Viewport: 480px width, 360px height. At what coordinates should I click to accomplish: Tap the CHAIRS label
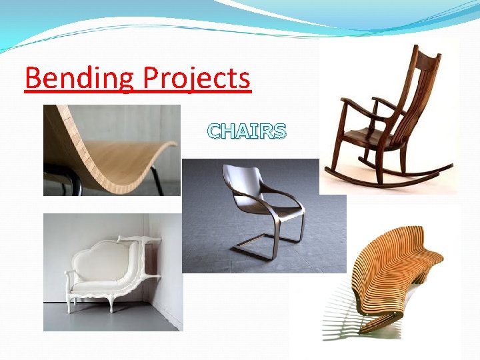coord(247,131)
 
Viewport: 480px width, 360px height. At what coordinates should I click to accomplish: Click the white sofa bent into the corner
coord(110,270)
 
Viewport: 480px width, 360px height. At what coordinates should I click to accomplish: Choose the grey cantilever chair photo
coord(263,213)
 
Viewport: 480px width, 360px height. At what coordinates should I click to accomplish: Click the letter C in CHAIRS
coord(215,131)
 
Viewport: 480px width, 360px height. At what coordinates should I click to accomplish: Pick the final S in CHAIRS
coord(279,131)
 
